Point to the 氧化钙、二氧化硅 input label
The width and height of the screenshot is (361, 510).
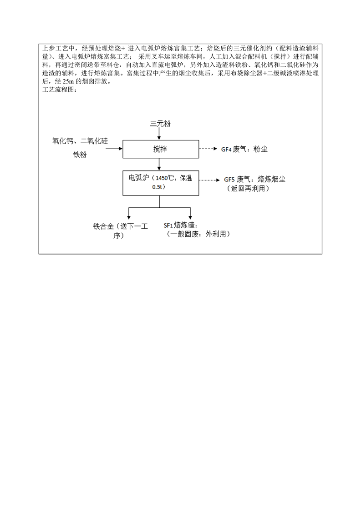click(80, 141)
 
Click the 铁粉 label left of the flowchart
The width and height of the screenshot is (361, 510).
click(80, 155)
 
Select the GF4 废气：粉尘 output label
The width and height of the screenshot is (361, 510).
click(244, 149)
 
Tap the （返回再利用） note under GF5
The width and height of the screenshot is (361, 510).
click(248, 188)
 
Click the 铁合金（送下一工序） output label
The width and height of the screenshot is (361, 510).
click(121, 230)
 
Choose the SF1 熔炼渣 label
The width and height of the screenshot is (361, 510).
click(185, 225)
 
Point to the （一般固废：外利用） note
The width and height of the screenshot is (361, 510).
click(198, 234)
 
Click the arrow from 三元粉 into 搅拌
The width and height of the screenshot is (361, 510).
click(159, 134)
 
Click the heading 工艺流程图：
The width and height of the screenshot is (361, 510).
click(60, 90)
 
